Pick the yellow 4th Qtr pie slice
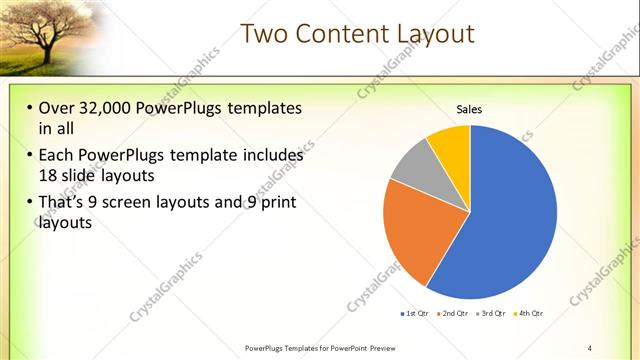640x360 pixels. (x=451, y=144)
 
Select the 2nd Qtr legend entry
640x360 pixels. (x=455, y=314)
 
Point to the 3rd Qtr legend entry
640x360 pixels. (x=492, y=314)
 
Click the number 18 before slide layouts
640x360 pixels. (x=49, y=174)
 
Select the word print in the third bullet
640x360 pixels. (x=275, y=204)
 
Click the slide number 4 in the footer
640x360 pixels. (x=590, y=348)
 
